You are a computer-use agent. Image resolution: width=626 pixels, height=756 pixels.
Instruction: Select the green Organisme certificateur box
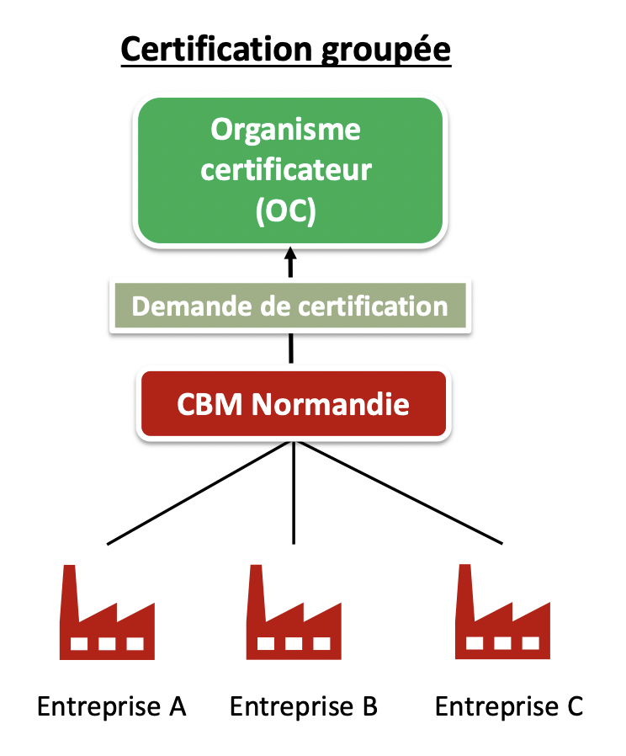click(x=290, y=170)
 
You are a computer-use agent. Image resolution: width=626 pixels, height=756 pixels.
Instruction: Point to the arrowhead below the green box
click(x=291, y=255)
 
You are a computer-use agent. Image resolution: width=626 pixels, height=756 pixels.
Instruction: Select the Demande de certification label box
click(x=289, y=306)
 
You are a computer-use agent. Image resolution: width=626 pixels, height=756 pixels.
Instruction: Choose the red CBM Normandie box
click(x=293, y=404)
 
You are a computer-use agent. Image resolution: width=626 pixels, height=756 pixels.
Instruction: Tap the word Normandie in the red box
click(x=331, y=404)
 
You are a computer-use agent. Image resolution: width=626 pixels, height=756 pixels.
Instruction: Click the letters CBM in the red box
click(x=210, y=404)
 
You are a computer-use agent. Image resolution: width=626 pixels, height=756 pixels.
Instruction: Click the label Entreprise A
click(x=111, y=705)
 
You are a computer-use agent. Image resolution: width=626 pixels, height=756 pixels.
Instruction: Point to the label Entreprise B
click(x=304, y=705)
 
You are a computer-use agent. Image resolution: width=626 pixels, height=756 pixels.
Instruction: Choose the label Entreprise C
click(x=509, y=705)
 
